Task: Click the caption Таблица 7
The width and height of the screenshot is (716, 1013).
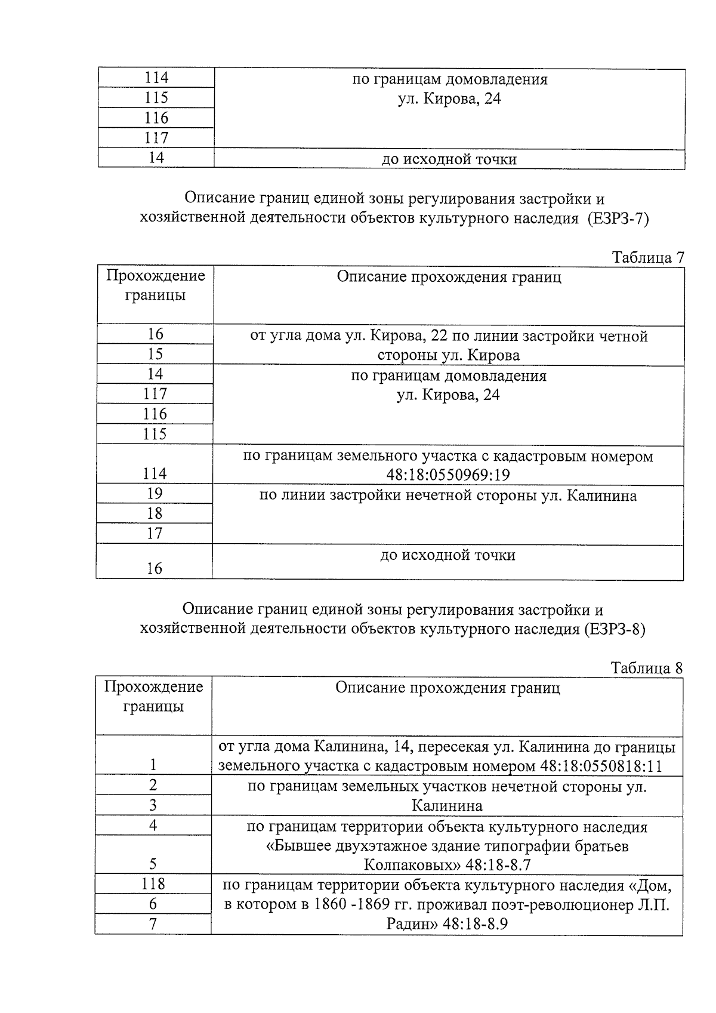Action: click(x=647, y=257)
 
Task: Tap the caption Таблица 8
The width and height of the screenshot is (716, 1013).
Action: click(x=646, y=668)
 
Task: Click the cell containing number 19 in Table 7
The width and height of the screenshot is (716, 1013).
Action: click(x=155, y=494)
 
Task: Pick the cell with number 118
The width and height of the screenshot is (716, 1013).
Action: click(x=153, y=883)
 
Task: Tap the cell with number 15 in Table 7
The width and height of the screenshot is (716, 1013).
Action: click(x=155, y=354)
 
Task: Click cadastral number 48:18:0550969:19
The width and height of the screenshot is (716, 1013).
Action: click(x=448, y=476)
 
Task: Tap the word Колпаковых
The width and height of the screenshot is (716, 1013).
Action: click(x=406, y=864)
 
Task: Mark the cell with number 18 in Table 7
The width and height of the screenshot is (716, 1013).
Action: click(x=155, y=513)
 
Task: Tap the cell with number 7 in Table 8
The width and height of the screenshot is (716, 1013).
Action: click(x=153, y=924)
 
